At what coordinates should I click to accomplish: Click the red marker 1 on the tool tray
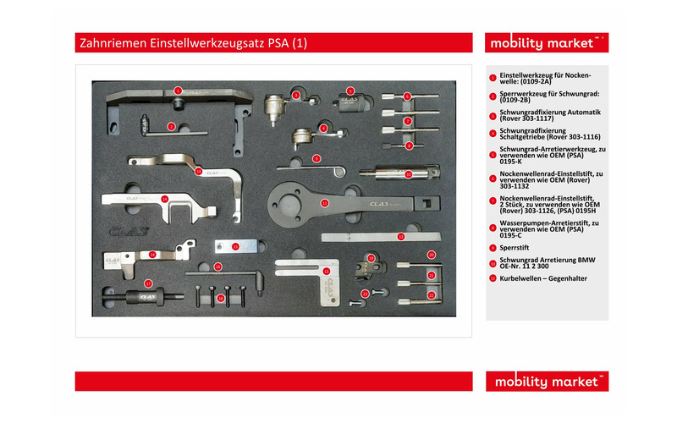pyautogui.click(x=178, y=90)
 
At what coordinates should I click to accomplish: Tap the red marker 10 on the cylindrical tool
pyautogui.click(x=408, y=174)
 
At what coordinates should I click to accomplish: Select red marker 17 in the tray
pyautogui.click(x=148, y=284)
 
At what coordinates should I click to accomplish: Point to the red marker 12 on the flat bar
pyautogui.click(x=400, y=237)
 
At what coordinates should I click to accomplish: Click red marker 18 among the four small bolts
pyautogui.click(x=222, y=299)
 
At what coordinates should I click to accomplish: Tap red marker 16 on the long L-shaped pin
pyautogui.click(x=217, y=266)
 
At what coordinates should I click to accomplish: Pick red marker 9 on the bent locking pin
pyautogui.click(x=316, y=158)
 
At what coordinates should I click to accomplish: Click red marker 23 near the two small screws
pyautogui.click(x=366, y=294)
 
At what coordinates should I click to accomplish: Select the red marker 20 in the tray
pyautogui.click(x=431, y=254)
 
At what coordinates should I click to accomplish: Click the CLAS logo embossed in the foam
pyautogui.click(x=127, y=229)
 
